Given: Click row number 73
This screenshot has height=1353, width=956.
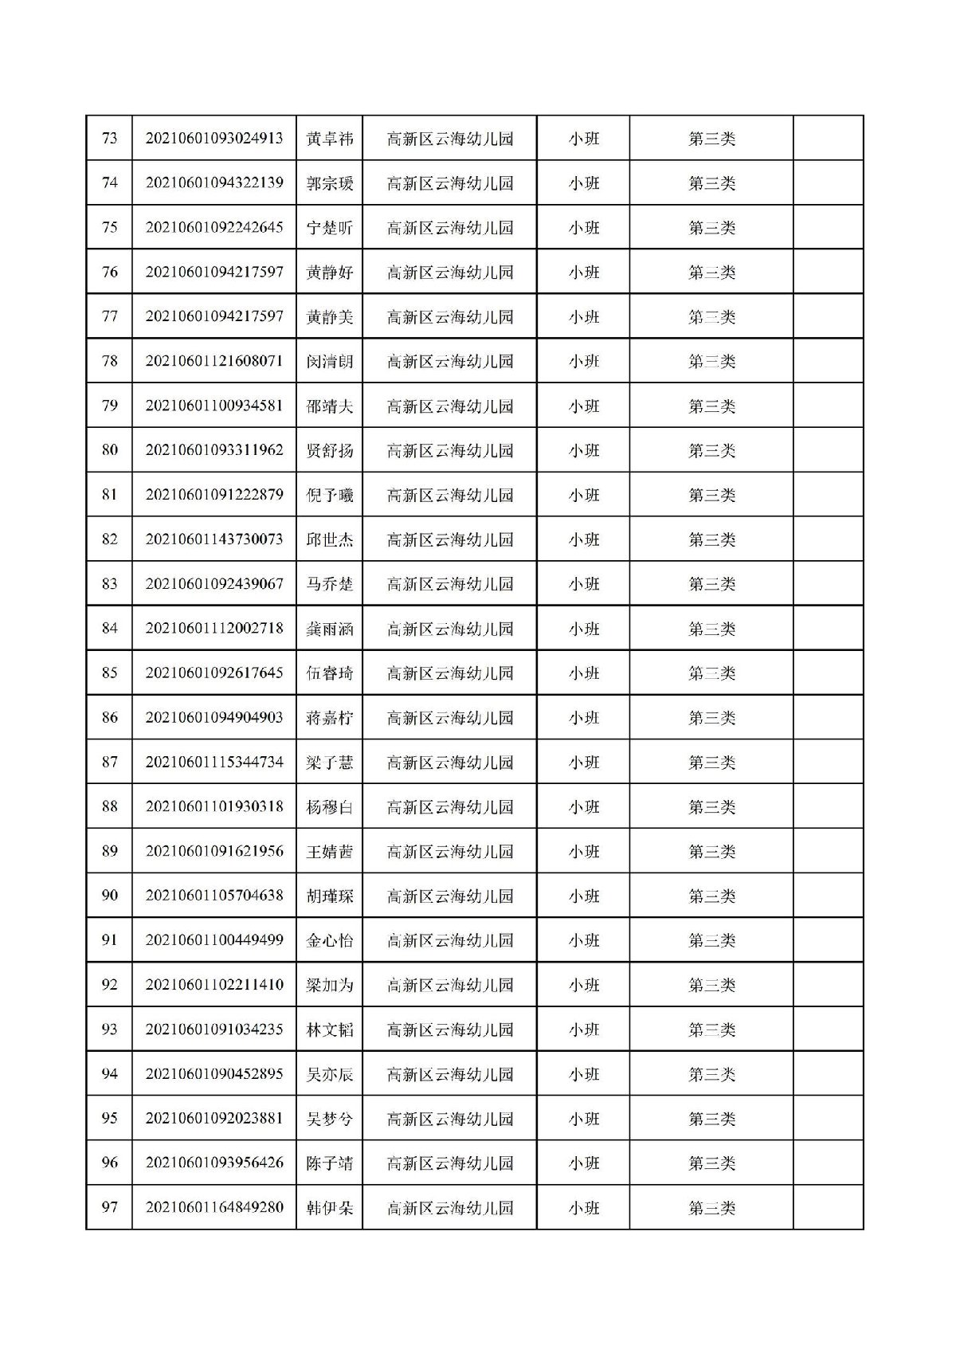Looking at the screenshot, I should [109, 139].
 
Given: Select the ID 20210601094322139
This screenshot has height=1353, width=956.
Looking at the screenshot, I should [214, 183].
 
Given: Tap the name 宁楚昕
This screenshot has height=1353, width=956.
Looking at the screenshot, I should [329, 228].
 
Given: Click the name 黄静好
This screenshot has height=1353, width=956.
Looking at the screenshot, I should [329, 273].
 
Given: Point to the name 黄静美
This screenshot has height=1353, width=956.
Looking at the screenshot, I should [329, 317].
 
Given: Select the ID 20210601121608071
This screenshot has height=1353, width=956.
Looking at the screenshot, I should [214, 361].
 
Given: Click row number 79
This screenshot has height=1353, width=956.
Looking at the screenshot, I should [109, 406].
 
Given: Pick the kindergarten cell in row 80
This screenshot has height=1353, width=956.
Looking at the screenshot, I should [449, 450].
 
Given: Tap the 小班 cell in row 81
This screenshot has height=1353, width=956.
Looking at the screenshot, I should [583, 495].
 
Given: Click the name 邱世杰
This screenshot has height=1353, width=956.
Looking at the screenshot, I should [329, 539].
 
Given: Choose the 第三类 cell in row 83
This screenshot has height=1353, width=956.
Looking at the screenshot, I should [711, 584].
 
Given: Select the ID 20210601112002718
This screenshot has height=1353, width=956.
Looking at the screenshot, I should [214, 629].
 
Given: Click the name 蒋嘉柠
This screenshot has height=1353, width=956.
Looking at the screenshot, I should [329, 718].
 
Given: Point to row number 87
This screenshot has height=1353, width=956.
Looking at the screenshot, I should [109, 763].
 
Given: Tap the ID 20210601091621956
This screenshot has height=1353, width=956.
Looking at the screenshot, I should [214, 852].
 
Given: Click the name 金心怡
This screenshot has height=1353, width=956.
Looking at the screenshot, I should [329, 940].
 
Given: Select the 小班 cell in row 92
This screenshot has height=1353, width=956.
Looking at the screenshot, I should [583, 985].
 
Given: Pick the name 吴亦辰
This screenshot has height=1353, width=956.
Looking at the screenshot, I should [329, 1074].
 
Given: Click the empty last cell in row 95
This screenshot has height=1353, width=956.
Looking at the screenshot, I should [828, 1119].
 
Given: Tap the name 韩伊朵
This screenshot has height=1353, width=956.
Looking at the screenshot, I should [329, 1208].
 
